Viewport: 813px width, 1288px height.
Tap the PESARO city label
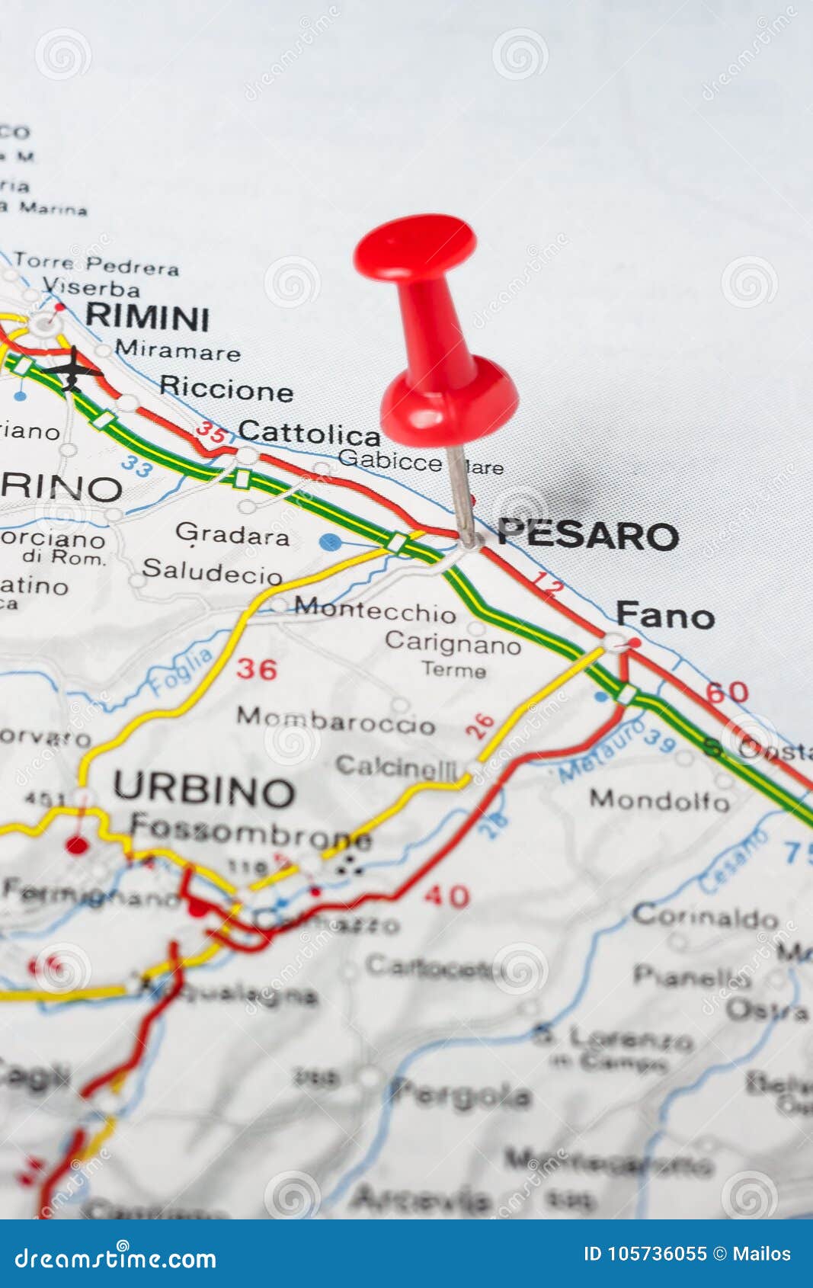point(587,534)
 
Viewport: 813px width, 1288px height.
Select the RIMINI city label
point(147,317)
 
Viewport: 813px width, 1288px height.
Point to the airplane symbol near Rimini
point(72,369)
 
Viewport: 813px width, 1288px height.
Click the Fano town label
point(665,616)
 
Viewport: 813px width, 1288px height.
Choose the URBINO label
point(203,790)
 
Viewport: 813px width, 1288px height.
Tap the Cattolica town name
point(309,434)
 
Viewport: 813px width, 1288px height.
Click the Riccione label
point(226,389)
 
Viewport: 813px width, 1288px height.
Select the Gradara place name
point(232,534)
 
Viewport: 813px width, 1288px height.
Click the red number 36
point(256,669)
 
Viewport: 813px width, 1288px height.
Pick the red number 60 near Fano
point(726,692)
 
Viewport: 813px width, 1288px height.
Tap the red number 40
point(447,895)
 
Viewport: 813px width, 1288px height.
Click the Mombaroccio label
point(335,720)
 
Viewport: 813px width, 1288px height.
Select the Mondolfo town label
point(659,799)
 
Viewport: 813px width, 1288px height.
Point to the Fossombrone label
point(250,830)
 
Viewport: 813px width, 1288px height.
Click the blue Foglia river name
point(181,671)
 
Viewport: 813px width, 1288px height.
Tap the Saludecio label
point(212,572)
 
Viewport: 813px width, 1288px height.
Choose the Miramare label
point(178,351)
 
